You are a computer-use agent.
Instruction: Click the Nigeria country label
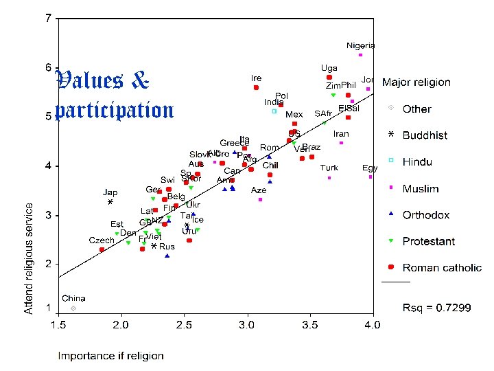click(360, 45)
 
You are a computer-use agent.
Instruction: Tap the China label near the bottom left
click(73, 298)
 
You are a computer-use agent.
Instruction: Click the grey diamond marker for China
click(73, 308)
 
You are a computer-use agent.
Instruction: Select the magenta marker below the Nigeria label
click(360, 55)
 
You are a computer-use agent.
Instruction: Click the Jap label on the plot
click(110, 192)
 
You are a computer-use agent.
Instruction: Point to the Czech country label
click(102, 240)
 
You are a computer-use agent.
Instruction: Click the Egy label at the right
click(370, 167)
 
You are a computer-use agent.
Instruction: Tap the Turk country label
click(329, 168)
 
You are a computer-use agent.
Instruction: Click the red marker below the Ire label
click(256, 88)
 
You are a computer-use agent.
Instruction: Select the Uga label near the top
click(329, 68)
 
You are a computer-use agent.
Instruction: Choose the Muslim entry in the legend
click(425, 188)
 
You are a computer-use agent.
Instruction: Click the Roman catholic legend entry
click(441, 268)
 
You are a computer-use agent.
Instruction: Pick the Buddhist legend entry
click(425, 135)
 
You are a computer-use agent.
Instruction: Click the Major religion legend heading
click(416, 82)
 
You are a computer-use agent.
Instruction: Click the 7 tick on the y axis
click(48, 18)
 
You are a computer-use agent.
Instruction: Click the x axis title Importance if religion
click(111, 355)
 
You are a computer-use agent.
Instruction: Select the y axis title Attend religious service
click(29, 258)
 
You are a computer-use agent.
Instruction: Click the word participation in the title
click(114, 110)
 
